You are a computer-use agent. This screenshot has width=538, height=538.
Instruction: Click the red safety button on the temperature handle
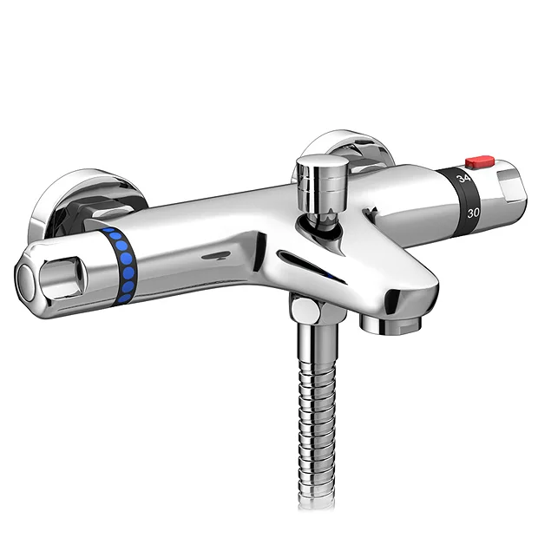pos(478,161)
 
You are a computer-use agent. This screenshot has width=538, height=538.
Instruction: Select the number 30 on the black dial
pos(474,212)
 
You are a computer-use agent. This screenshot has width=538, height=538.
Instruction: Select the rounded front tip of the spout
pos(404,295)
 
